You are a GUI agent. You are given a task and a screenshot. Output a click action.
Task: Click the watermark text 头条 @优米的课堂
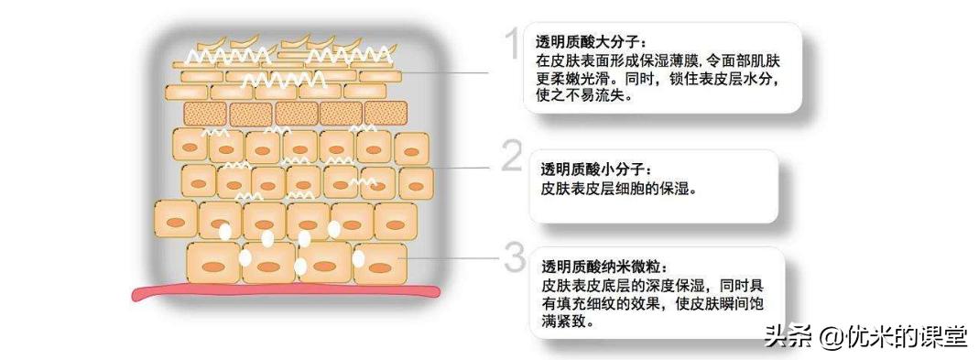(865, 335)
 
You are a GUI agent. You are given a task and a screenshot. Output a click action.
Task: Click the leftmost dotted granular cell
(204, 114)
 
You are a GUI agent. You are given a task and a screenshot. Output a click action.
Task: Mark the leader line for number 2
(462, 168)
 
